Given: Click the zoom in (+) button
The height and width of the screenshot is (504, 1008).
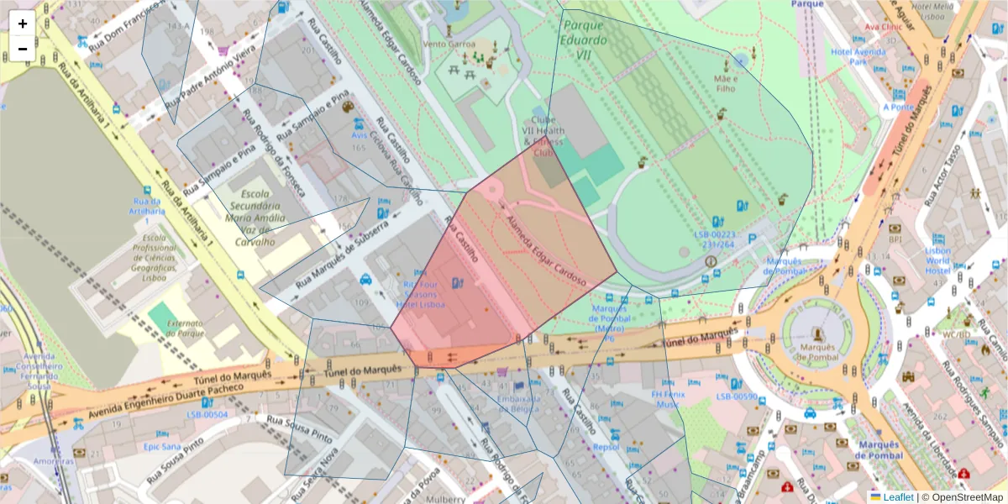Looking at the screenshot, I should point(23,24).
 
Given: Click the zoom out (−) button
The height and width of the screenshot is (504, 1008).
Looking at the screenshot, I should point(23,49).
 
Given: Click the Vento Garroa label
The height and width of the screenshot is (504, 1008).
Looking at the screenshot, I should point(449,44).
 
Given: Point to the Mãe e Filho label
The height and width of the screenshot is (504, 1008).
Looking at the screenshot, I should point(725,82).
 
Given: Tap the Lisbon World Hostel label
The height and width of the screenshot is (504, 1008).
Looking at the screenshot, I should point(937,260).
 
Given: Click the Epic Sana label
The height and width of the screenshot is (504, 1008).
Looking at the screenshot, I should point(163,446).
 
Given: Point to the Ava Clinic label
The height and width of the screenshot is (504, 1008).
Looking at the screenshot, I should point(883,26).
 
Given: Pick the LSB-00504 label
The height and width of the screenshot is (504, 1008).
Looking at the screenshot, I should point(207,414).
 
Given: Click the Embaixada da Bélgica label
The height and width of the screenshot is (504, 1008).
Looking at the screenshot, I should point(518,403).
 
